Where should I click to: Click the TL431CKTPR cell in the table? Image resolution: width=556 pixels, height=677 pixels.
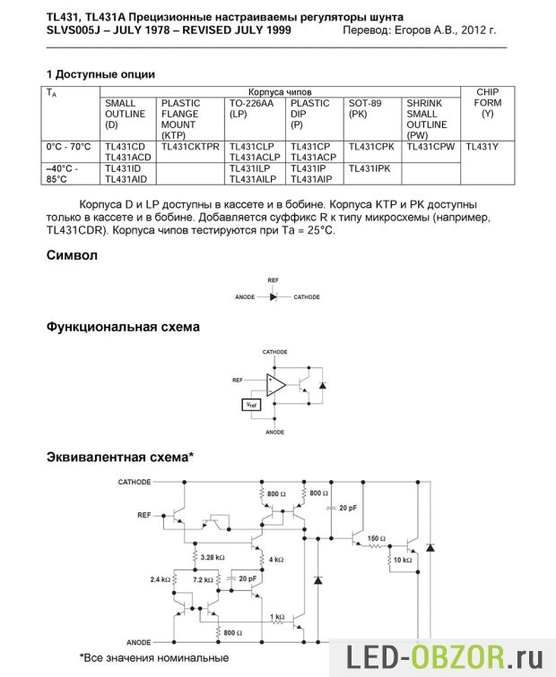(x=190, y=146)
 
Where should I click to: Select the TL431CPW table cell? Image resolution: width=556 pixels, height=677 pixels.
(x=430, y=146)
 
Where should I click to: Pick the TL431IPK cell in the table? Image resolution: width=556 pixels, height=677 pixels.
(x=369, y=168)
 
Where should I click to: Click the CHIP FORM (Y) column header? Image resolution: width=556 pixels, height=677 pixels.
(x=487, y=103)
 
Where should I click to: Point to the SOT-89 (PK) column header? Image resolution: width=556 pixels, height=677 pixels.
(x=364, y=108)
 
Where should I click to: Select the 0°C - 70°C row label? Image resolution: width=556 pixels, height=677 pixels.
(x=68, y=146)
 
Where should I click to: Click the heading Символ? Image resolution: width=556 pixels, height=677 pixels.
(x=73, y=255)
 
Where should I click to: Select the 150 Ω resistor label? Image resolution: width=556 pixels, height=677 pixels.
(x=377, y=538)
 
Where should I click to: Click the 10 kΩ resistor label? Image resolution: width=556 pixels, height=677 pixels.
(x=402, y=560)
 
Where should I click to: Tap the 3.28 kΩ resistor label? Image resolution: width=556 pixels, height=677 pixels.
(x=213, y=558)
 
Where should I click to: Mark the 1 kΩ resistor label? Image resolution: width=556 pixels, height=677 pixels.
(x=277, y=617)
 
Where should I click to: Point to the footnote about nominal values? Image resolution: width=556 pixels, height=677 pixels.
(x=153, y=658)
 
